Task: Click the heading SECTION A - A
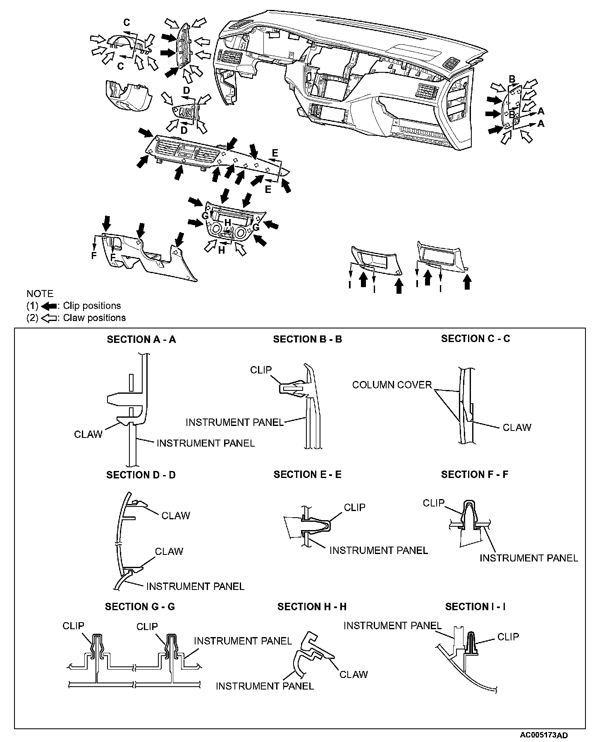pos(141,340)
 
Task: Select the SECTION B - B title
pos(308,340)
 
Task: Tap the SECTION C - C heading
pos(475,339)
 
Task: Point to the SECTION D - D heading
pos(141,475)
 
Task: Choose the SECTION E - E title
pos(308,475)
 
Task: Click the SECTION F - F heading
pos(475,475)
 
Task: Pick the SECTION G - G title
pos(140,606)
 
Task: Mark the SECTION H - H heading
pos(312,606)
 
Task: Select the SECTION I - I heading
pos(475,606)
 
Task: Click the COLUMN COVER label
pos(392,385)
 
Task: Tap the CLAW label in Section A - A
pos(88,434)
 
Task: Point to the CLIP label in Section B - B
pos(261,370)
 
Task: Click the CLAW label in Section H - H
pos(354,674)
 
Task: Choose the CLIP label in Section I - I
pos(508,637)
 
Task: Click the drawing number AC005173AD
pos(544,735)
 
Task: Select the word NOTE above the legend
pos(40,294)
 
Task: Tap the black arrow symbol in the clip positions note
pos(49,306)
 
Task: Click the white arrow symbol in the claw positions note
pos(49,318)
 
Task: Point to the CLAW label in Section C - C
pos(517,427)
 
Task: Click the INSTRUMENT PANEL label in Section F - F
pos(529,558)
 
